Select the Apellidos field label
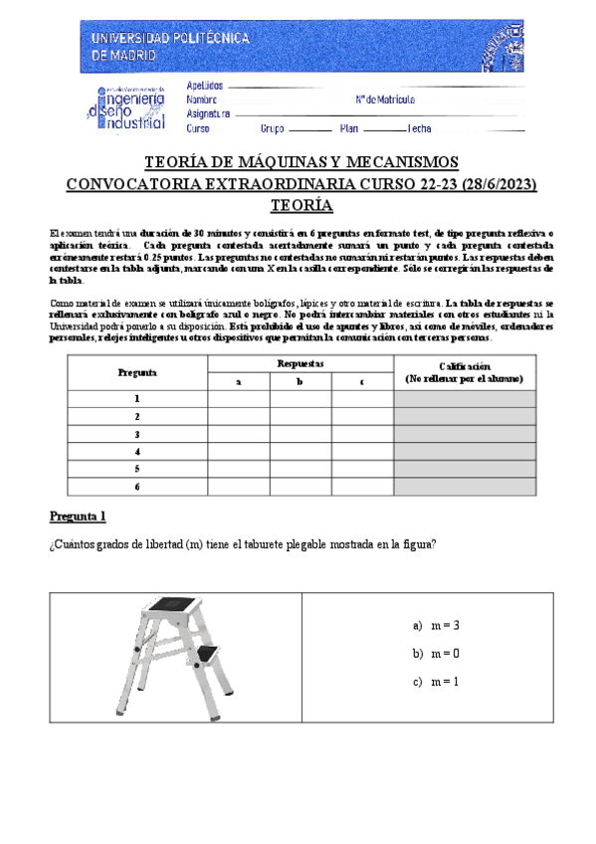pyautogui.click(x=205, y=87)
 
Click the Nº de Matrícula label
pyautogui.click(x=384, y=101)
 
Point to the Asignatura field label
pyautogui.click(x=208, y=114)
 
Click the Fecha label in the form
pyautogui.click(x=418, y=128)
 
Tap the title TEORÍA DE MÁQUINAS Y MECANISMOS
pyautogui.click(x=300, y=162)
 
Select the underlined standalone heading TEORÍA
pyautogui.click(x=300, y=205)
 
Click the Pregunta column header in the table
pyautogui.click(x=136, y=372)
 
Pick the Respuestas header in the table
pyautogui.click(x=299, y=365)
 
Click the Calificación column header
pyautogui.click(x=464, y=372)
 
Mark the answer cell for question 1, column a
pyautogui.click(x=238, y=398)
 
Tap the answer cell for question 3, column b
pyautogui.click(x=299, y=434)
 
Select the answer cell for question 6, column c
pyautogui.click(x=362, y=487)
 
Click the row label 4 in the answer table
pyautogui.click(x=136, y=452)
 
